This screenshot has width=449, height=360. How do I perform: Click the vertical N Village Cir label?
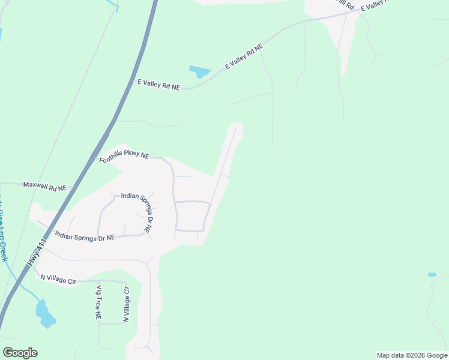(126, 304)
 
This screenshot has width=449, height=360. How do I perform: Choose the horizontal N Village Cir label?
(59, 278)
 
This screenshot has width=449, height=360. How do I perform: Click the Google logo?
(20, 353)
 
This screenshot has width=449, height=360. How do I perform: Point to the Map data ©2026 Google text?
(412, 355)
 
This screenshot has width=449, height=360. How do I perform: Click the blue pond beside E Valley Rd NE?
(200, 72)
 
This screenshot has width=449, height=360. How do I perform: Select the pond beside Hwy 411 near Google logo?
(44, 314)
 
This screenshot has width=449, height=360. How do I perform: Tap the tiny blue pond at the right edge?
(432, 275)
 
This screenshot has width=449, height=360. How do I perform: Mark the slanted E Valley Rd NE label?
(244, 56)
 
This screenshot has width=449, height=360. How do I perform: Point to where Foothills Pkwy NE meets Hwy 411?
(96, 158)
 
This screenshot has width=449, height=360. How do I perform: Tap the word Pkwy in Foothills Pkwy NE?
(131, 155)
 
